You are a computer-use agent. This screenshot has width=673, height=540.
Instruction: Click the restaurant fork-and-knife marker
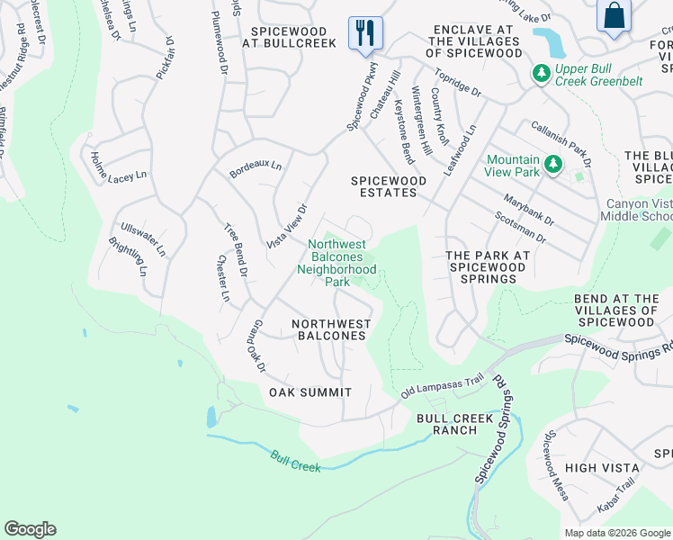coord(365,33)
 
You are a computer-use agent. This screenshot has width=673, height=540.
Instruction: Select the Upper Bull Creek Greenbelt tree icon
coord(541,72)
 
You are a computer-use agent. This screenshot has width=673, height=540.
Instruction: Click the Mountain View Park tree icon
coord(555,163)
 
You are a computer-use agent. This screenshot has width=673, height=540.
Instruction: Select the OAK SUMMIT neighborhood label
coord(310,392)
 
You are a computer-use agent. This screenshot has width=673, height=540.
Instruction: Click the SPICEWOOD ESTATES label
coord(389,186)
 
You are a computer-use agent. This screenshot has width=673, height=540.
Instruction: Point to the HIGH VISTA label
coord(602,468)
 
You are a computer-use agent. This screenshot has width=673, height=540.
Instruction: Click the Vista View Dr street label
coord(287,227)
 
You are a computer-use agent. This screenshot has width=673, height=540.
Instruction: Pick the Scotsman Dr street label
coord(520,227)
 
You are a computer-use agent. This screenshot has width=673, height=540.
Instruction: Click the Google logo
coord(30,529)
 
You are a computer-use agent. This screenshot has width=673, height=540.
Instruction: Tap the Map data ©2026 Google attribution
coord(616,533)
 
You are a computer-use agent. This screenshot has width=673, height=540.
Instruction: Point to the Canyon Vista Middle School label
coord(639,210)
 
